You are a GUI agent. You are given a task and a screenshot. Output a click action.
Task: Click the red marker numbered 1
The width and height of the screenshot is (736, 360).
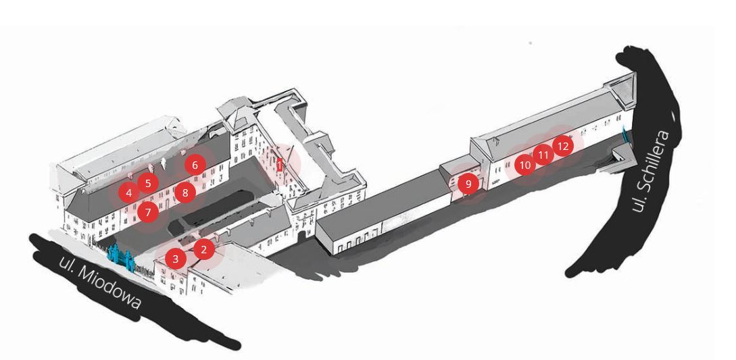[x=279, y=164]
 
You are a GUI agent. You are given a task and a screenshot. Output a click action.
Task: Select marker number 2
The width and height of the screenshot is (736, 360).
[x=204, y=249]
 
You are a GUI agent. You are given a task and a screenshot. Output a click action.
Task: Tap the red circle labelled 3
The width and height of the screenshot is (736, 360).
[x=176, y=258]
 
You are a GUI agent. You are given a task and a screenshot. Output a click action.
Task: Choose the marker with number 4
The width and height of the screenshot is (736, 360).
[x=128, y=192]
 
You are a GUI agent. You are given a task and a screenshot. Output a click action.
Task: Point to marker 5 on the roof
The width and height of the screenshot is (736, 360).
[x=148, y=182]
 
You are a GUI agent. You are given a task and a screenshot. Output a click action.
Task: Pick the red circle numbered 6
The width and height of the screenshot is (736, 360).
[x=195, y=164]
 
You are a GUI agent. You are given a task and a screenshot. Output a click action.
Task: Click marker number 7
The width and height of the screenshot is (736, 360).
[x=148, y=212]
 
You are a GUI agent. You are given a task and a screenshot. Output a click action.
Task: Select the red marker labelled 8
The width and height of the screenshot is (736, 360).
[x=185, y=192]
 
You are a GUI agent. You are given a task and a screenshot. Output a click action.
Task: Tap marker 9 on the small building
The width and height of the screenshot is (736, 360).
[x=468, y=183]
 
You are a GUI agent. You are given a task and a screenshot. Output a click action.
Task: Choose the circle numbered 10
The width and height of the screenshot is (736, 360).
[x=525, y=164]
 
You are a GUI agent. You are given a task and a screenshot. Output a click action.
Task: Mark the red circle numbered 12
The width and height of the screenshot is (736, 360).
[x=562, y=145]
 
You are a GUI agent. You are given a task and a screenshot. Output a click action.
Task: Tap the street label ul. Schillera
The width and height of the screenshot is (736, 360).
[x=650, y=171]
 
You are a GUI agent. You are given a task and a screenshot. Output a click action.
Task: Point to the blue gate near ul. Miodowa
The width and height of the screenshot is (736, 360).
[x=120, y=256]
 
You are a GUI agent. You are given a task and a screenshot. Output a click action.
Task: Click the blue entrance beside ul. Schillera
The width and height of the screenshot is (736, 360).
[x=624, y=133]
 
